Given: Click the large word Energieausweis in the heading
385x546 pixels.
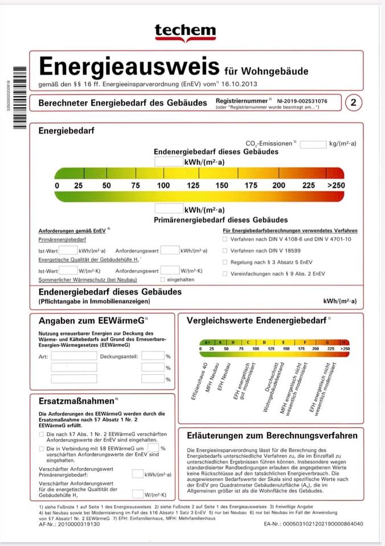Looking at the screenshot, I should click(x=129, y=67).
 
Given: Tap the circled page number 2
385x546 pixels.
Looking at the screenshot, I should click(x=354, y=103).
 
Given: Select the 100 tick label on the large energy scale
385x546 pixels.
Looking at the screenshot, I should click(x=163, y=185).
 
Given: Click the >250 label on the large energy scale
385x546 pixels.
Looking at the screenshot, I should click(x=336, y=185).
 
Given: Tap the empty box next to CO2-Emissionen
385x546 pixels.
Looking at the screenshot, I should click(x=313, y=144).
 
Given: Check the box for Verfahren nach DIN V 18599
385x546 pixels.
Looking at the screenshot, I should click(x=225, y=251).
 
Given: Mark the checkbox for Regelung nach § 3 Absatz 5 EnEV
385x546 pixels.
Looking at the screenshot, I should click(x=225, y=262).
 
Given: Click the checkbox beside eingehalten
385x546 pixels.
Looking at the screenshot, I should click(x=162, y=280).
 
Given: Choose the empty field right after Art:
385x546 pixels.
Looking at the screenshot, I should click(x=74, y=356).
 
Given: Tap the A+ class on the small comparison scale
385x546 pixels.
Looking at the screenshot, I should click(x=207, y=342).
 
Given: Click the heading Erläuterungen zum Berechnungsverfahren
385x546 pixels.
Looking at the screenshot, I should click(x=272, y=436).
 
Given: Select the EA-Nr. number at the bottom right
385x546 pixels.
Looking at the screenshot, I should click(x=313, y=524).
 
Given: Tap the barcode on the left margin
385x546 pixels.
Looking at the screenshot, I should click(x=20, y=97).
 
